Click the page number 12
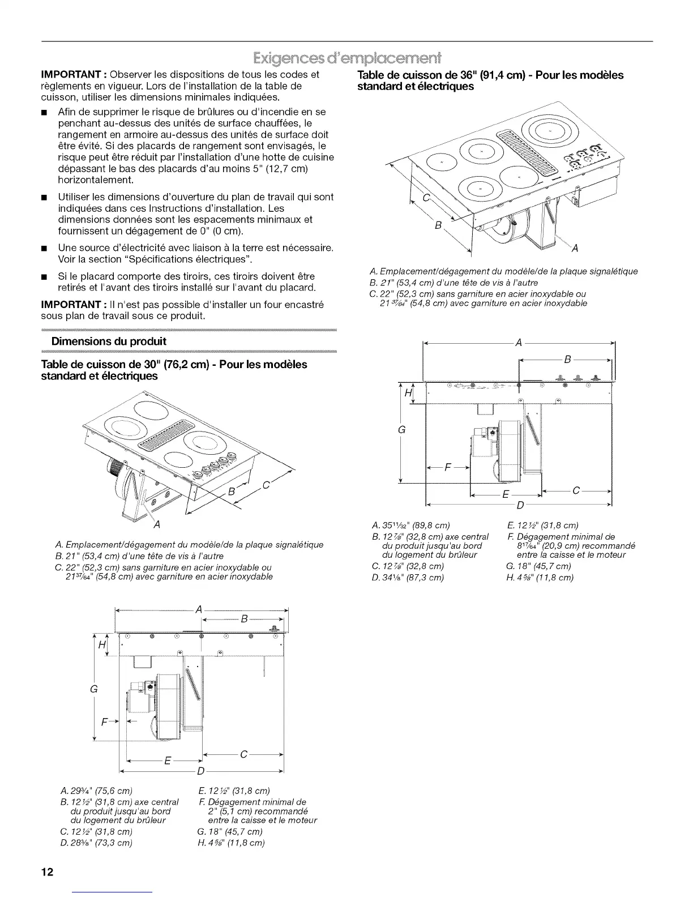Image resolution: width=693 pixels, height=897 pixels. click(x=47, y=872)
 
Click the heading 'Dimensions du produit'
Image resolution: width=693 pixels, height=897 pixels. click(x=109, y=341)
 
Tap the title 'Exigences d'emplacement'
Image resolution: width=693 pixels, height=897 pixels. click(x=346, y=58)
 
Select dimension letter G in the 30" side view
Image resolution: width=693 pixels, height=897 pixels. click(x=95, y=689)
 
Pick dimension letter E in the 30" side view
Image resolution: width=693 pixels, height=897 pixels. click(x=167, y=761)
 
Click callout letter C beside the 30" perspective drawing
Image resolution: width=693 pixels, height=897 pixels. click(x=266, y=485)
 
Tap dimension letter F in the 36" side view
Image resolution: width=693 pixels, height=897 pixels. click(x=448, y=468)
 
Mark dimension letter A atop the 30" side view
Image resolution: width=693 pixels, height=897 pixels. click(x=198, y=609)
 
